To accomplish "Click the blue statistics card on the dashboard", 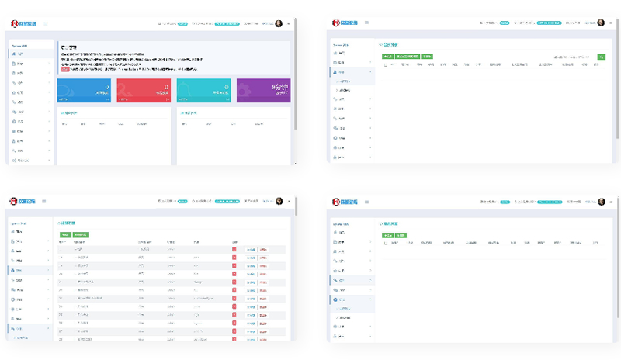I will pos(85,90).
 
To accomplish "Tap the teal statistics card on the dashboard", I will pos(203,90).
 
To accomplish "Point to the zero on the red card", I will pos(165,87).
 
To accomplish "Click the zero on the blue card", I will pos(106,87).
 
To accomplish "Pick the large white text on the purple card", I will pos(279,88).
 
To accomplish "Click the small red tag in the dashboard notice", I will pos(64,69).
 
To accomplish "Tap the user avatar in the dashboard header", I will pos(279,23).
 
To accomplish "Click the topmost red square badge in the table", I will pos(234,250).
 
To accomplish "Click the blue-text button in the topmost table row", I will pos(250,250).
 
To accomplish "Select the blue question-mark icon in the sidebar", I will pos(335,299).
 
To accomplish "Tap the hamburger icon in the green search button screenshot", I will pos(366,23).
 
